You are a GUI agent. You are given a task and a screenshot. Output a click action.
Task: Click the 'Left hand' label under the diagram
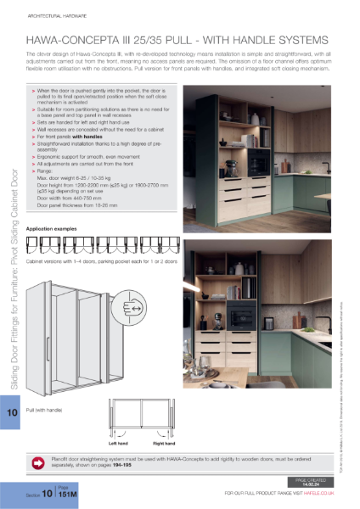coord(118,443)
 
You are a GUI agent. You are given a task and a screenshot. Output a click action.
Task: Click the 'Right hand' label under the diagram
coord(164,443)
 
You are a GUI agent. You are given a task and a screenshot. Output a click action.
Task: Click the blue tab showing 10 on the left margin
coord(12,412)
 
